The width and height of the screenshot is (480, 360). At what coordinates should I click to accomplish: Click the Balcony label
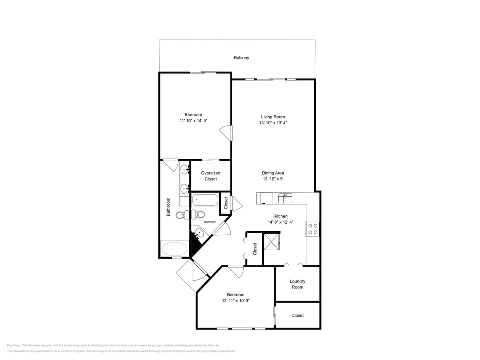(241, 58)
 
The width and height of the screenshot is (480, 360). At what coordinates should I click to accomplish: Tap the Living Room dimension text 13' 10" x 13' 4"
(273, 123)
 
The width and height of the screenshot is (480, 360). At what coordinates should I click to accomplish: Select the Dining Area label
(273, 173)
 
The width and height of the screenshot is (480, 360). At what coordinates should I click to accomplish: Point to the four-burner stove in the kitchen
(313, 229)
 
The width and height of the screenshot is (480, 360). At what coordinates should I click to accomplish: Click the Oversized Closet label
(210, 176)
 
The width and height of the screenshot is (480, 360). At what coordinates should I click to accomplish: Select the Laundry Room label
(297, 284)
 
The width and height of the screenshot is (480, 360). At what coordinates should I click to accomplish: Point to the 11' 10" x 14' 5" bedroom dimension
(193, 121)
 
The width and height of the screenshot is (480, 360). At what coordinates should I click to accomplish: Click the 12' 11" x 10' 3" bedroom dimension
(236, 301)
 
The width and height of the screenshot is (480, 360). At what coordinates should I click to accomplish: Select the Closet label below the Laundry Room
(297, 315)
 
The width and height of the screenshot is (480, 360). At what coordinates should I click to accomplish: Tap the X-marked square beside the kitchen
(272, 242)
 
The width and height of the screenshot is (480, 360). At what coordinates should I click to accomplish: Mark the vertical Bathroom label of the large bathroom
(168, 207)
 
